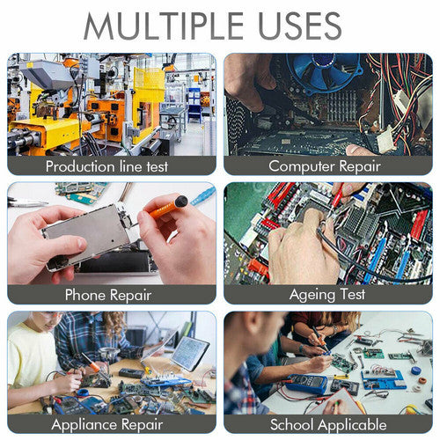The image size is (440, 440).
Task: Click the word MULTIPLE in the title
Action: click(x=164, y=26)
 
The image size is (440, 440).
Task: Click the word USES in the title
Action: click(x=299, y=26)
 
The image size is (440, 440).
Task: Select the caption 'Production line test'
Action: click(x=106, y=166)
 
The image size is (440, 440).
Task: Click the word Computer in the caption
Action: click(x=302, y=166)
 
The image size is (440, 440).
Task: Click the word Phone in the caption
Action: click(x=85, y=294)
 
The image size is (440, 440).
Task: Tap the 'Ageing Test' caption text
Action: click(x=327, y=295)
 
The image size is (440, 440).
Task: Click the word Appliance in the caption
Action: click(x=84, y=425)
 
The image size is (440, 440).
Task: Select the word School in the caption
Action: click(x=291, y=424)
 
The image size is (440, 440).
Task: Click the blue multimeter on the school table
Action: click(x=307, y=384)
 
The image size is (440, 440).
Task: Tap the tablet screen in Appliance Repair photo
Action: click(x=189, y=352)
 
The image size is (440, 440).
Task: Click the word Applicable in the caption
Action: click(x=352, y=425)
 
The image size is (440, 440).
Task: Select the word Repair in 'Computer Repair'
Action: click(x=360, y=166)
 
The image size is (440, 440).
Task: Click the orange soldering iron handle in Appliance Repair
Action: click(x=94, y=366)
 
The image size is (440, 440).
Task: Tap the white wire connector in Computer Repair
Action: click(x=386, y=139)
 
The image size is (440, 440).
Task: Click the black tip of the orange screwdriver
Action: click(x=181, y=202)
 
